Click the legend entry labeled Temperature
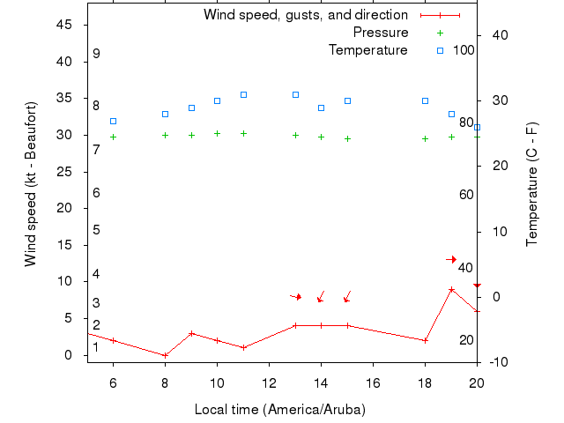[x=368, y=50]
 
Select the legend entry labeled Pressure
[x=381, y=33]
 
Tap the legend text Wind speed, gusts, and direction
[x=306, y=15]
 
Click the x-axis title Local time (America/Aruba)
[x=279, y=410]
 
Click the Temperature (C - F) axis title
[x=532, y=184]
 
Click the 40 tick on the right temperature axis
[x=495, y=34]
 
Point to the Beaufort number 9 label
[x=96, y=54]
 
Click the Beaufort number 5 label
[x=96, y=230]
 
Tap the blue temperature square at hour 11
[x=243, y=94]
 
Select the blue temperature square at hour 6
[x=113, y=121]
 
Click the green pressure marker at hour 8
[x=165, y=135]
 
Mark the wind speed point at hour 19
[x=451, y=289]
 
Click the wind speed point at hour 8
[x=165, y=355]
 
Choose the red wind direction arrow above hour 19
[x=451, y=259]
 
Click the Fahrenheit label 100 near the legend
[x=464, y=50]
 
